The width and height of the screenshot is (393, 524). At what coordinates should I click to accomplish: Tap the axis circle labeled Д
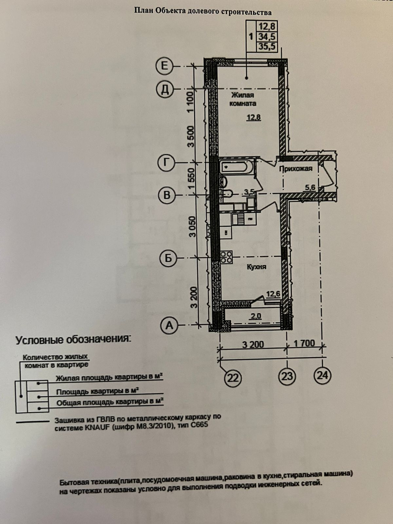tap(166, 89)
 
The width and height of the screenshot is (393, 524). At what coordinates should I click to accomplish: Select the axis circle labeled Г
tap(167, 162)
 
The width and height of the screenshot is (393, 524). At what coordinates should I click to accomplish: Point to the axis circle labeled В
tap(167, 196)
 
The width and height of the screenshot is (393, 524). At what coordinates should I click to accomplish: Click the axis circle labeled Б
tap(168, 258)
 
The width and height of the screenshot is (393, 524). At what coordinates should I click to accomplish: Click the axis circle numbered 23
tap(287, 376)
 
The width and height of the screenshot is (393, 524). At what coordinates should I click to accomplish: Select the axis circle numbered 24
tap(323, 374)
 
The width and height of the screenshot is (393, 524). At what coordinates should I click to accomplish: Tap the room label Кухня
tap(256, 267)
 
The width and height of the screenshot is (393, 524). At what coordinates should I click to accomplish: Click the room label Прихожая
tap(295, 169)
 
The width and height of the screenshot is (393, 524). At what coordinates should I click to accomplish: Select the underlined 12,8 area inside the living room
tap(253, 117)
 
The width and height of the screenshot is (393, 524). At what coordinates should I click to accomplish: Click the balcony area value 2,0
tap(256, 316)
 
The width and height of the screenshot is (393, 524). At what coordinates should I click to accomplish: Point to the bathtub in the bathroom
tap(235, 167)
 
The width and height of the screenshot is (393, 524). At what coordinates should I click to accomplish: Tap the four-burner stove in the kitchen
tap(226, 256)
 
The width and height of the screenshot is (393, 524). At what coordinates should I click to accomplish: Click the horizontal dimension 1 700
tap(304, 343)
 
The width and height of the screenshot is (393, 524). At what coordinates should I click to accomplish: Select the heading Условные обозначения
tap(73, 340)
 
